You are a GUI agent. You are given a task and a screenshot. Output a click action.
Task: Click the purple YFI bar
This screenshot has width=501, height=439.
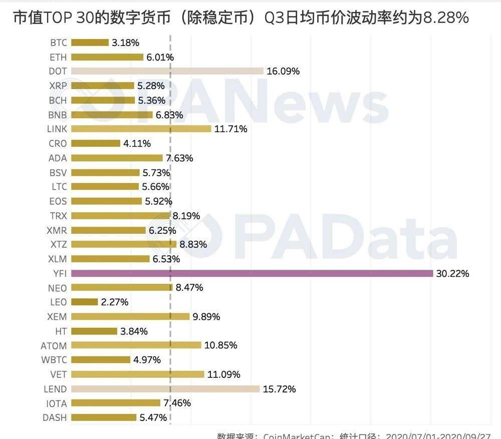click(252, 273)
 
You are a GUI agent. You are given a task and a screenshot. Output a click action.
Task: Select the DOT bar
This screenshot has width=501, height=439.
click(167, 71)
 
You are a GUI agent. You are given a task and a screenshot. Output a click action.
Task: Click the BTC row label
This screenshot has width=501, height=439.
click(59, 43)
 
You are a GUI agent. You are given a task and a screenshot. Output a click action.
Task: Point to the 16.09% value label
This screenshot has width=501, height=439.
click(283, 72)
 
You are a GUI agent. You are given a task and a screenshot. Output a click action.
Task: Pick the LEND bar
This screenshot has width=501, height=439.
click(165, 389)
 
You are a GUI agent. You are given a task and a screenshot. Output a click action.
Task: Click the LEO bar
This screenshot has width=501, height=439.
click(84, 302)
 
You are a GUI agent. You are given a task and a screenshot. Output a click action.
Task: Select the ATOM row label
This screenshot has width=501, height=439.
click(54, 345)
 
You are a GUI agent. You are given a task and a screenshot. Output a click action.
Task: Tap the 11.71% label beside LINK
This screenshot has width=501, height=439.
click(230, 129)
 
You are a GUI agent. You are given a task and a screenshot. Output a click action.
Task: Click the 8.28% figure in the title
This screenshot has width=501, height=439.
click(446, 19)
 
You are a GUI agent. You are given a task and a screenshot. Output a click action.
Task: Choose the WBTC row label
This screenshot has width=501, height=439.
click(54, 360)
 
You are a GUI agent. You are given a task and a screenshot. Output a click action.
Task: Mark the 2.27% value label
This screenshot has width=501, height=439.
click(115, 302)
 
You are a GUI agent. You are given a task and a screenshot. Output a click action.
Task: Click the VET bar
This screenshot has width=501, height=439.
click(138, 374)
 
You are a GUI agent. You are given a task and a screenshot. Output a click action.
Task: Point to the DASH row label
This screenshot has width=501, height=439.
click(55, 417)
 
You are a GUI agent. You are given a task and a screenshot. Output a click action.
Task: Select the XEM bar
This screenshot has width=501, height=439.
click(130, 317)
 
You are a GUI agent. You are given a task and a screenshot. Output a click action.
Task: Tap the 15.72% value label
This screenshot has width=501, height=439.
click(279, 389)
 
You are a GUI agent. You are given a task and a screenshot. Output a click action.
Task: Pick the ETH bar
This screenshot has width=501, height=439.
click(107, 57)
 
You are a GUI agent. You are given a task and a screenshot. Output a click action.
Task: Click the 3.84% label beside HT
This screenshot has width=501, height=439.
click(134, 331)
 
